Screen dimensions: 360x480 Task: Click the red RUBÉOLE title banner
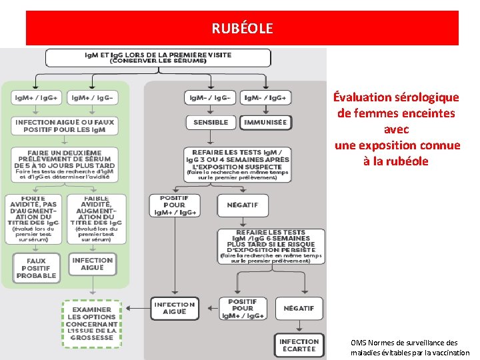pyautogui.click(x=242, y=28)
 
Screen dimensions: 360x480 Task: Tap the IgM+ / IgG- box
pyautogui.click(x=93, y=97)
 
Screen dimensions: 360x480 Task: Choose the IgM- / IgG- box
pyautogui.click(x=210, y=97)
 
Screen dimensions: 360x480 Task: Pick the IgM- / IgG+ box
pyautogui.click(x=265, y=97)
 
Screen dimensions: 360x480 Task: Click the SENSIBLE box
pyautogui.click(x=211, y=123)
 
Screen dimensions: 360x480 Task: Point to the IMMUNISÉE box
pyautogui.click(x=265, y=123)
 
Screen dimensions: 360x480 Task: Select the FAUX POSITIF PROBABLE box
pyautogui.click(x=36, y=268)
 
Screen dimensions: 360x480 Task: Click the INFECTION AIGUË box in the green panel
pyautogui.click(x=93, y=264)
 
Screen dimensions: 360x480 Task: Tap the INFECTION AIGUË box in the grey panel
pyautogui.click(x=175, y=308)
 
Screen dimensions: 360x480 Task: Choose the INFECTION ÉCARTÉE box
pyautogui.click(x=299, y=345)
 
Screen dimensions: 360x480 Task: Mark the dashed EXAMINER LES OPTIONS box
pyautogui.click(x=92, y=324)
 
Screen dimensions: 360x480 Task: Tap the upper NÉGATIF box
pyautogui.click(x=243, y=205)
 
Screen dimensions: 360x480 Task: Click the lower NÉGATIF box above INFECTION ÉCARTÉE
pyautogui.click(x=299, y=308)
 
